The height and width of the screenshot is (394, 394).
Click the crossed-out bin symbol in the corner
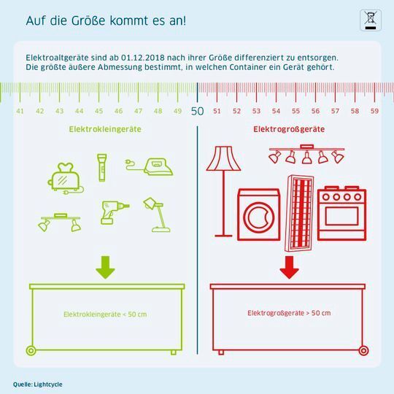[371, 20]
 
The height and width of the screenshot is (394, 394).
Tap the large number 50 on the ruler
[197, 111]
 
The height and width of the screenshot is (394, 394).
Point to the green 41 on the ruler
[20, 112]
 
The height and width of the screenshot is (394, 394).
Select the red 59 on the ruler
[374, 112]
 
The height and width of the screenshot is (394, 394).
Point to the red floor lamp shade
[223, 158]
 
